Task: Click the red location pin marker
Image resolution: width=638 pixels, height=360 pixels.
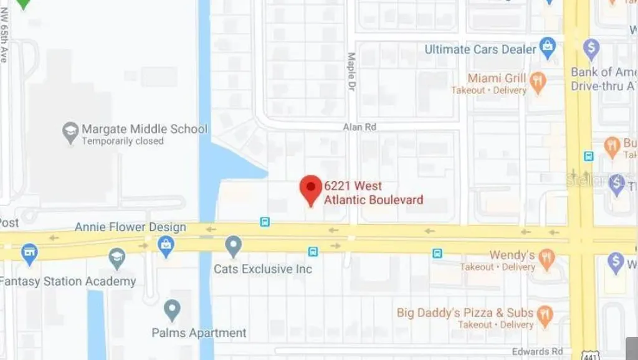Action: [311, 189]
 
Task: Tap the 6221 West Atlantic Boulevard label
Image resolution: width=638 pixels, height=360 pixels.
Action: [373, 193]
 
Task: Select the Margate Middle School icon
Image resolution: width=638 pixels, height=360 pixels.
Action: [70, 131]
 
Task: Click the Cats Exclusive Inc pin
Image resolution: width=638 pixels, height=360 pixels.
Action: [233, 245]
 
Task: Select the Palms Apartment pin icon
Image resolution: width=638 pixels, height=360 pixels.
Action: [172, 309]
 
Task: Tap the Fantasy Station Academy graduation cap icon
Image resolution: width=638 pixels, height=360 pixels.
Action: [117, 258]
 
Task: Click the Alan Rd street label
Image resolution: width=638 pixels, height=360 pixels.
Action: [359, 127]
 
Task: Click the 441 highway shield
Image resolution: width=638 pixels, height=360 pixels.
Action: [589, 354]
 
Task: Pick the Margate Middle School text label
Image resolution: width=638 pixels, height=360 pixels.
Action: [144, 129]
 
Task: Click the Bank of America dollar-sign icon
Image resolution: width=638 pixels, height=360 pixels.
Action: [591, 49]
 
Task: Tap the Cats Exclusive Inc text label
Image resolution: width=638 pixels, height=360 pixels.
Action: [263, 269]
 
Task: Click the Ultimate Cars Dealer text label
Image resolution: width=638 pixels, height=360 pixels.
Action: [480, 49]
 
